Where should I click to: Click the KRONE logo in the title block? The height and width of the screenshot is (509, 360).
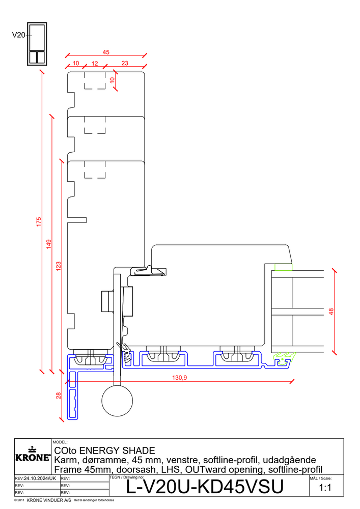point(33,455)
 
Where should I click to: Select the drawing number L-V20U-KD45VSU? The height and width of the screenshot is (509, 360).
point(205,487)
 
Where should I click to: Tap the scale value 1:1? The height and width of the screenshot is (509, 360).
point(325,488)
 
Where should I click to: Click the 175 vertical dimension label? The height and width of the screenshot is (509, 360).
point(39,222)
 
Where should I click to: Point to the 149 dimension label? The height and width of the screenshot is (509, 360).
point(49,244)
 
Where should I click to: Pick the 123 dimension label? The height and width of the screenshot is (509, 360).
point(59,266)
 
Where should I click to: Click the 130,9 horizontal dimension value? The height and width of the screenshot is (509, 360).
point(180,378)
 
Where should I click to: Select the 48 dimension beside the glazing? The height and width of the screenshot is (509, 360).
point(331,312)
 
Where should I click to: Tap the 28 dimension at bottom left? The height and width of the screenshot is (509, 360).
point(59,395)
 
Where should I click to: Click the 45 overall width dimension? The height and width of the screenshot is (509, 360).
point(106,52)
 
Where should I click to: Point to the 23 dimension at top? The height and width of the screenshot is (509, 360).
point(125,63)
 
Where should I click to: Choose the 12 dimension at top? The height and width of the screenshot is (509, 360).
point(95,63)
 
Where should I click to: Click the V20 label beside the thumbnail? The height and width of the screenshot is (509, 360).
point(18,35)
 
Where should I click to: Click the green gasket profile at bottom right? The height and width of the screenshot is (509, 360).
point(284,360)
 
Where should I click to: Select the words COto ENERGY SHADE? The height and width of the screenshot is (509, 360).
point(104,450)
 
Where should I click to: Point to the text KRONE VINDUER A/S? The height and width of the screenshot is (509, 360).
point(49,500)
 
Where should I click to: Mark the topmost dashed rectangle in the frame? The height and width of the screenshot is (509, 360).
point(95,80)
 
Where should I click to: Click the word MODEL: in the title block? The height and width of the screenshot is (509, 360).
point(60,442)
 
